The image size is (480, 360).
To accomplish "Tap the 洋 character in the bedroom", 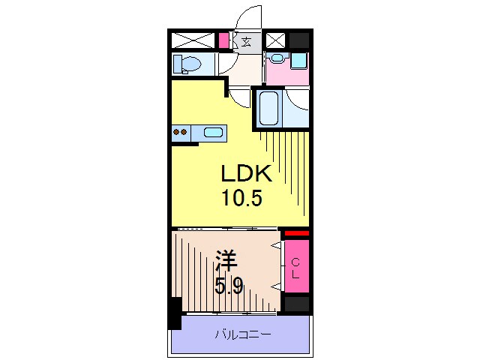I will (226, 262).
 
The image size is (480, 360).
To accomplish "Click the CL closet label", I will (295, 267).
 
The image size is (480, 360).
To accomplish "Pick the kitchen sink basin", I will (213, 133).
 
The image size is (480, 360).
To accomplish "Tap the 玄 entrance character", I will (246, 41).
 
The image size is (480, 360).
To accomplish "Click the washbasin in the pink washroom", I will (277, 58).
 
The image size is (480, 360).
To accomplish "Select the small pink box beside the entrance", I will (224, 40).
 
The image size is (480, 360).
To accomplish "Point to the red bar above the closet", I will (296, 233).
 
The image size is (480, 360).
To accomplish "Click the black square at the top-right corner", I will (300, 40).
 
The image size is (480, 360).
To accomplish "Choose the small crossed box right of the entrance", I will (276, 40).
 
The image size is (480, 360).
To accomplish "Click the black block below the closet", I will (296, 304).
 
